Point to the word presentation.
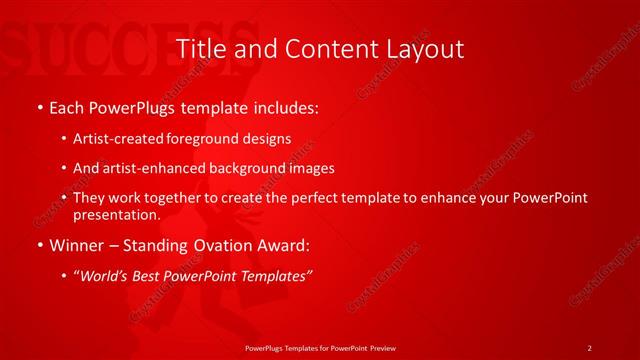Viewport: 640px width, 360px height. click(116, 214)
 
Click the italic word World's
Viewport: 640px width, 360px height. click(104, 275)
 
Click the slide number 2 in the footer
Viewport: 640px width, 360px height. click(589, 348)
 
